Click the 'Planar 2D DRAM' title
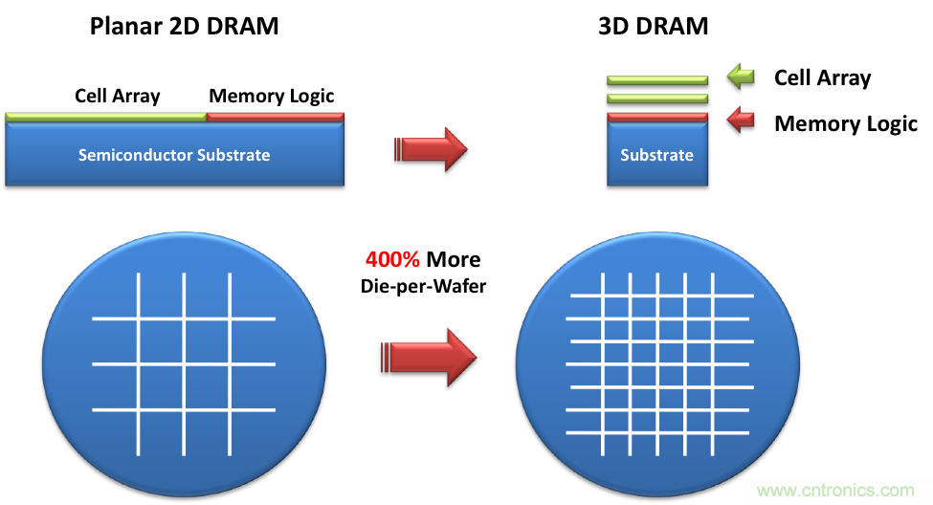[184, 26]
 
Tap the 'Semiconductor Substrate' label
[174, 155]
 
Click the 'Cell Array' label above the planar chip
[118, 96]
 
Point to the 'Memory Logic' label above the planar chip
[272, 96]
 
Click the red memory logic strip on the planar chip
[275, 117]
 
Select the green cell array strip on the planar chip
[105, 117]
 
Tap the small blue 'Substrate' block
[656, 155]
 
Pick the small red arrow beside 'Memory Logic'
[741, 121]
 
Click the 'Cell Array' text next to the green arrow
[822, 77]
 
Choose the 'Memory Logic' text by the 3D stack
[846, 123]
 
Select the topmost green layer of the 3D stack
[656, 80]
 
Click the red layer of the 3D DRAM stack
[656, 117]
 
